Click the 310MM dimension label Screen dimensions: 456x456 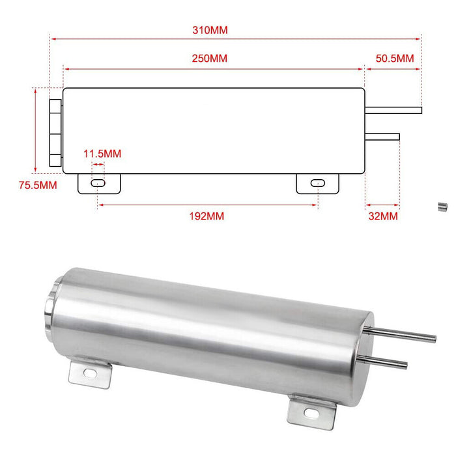click(210, 30)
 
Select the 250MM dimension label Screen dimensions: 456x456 click(210, 59)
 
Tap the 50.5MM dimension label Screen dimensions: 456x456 click(395, 59)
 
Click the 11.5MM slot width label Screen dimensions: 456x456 click(102, 154)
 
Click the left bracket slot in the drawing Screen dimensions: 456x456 click(97, 184)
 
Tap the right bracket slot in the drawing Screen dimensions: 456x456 click(317, 184)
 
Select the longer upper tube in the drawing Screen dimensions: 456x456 click(393, 110)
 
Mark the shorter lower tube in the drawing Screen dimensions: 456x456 click(382, 135)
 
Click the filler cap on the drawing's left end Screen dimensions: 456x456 click(55, 130)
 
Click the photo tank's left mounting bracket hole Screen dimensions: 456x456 click(90, 373)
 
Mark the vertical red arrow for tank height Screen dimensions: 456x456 click(34, 130)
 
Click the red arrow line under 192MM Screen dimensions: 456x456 click(207, 205)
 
